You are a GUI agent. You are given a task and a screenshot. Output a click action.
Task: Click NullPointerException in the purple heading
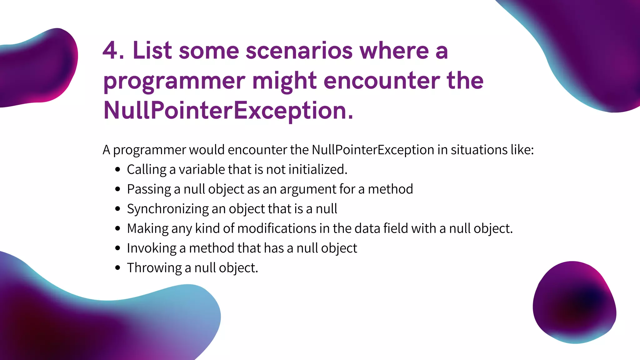(x=228, y=111)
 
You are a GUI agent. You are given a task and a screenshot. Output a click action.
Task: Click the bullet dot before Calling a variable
(x=117, y=170)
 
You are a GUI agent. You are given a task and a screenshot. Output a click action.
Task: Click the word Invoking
(x=152, y=248)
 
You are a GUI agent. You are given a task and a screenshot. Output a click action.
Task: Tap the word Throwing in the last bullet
(x=154, y=268)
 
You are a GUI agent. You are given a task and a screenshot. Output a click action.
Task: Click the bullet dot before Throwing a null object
(x=117, y=268)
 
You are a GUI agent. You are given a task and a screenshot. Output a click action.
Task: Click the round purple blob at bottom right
(x=574, y=302)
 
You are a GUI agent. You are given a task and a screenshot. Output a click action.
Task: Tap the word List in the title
(x=152, y=51)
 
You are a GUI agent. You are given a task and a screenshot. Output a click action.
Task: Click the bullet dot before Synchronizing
(x=117, y=209)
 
